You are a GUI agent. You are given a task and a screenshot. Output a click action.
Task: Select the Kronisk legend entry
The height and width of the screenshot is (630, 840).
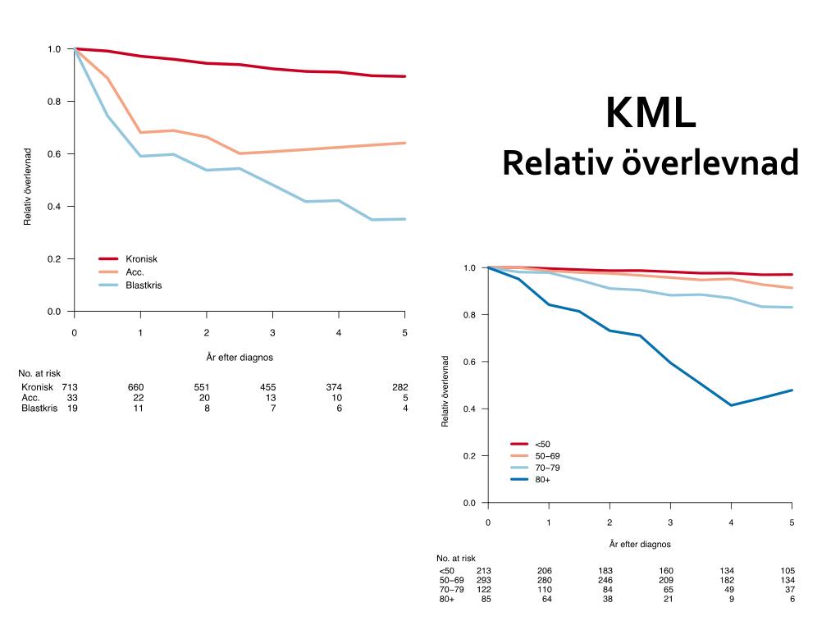coord(141,259)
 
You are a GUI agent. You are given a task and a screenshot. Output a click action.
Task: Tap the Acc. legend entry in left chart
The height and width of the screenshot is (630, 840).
coord(135,272)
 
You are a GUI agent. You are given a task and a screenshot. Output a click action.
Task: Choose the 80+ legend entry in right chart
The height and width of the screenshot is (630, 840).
coord(542,479)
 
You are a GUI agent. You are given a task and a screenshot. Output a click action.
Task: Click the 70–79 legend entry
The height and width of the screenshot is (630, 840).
coord(547,468)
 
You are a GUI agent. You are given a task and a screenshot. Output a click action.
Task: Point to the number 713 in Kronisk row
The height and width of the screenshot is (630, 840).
coord(70,387)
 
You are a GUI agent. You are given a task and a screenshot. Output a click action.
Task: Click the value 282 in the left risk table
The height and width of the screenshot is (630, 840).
coord(399,387)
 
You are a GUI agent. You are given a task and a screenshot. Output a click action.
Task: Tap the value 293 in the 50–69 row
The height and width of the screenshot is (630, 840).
coord(484,581)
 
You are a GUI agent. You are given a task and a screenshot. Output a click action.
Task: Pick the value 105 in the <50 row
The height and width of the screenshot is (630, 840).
coord(787,571)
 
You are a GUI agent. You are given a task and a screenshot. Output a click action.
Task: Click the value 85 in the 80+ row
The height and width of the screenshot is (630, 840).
coord(486,600)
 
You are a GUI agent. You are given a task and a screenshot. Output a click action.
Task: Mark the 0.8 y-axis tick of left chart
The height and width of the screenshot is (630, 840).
coord(55,102)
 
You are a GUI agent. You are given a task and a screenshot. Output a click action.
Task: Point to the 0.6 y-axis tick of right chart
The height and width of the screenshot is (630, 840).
coord(470,362)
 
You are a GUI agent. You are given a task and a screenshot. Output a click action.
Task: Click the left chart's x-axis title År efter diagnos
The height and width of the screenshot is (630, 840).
coord(240,357)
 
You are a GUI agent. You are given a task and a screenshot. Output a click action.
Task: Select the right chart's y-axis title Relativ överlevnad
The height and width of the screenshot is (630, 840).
coord(445,391)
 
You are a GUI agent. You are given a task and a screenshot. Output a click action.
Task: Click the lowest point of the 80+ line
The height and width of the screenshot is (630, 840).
coord(731,405)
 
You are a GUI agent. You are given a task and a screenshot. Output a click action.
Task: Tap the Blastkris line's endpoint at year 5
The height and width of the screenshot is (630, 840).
coord(405,219)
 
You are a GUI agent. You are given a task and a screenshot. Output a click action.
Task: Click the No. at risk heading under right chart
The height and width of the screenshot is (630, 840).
coord(456,559)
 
